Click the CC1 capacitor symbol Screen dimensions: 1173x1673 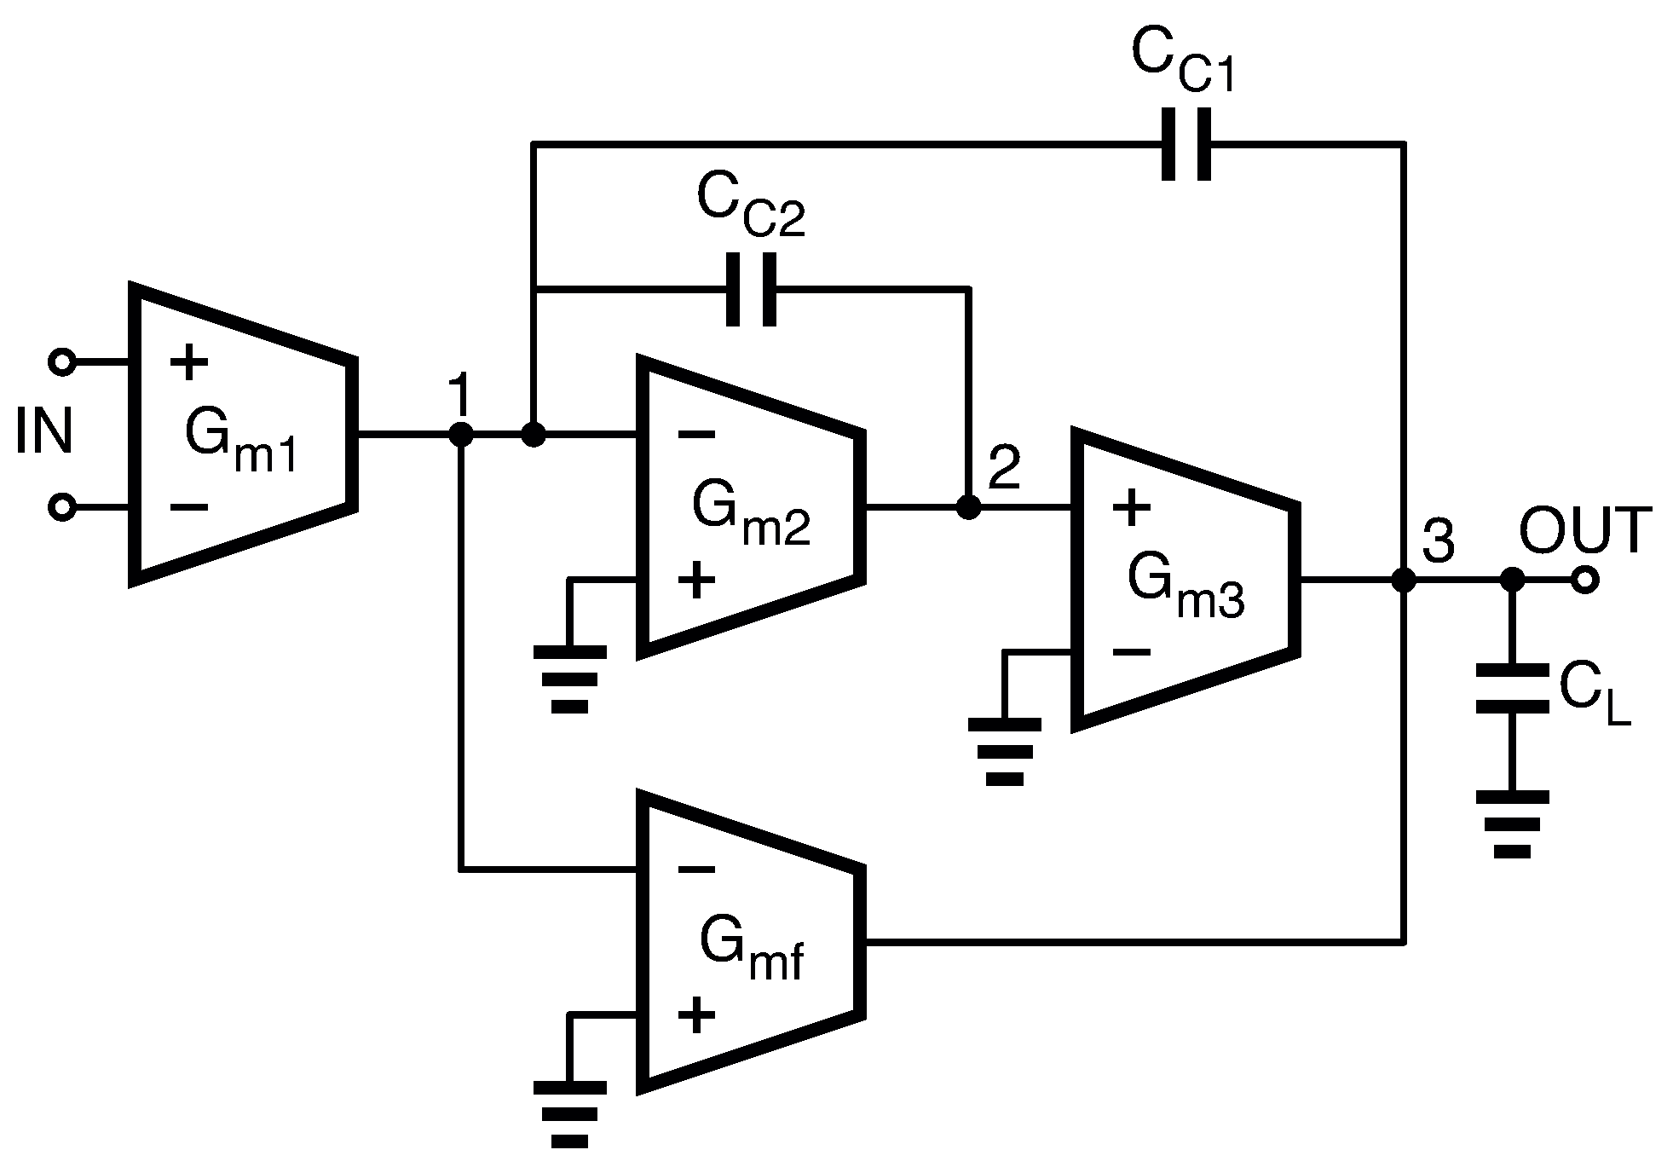[x=1186, y=144]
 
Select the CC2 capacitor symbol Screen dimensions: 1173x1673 [x=751, y=289]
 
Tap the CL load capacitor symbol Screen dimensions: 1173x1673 [x=1512, y=689]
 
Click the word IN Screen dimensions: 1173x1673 [x=44, y=431]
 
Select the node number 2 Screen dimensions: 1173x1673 [x=1004, y=468]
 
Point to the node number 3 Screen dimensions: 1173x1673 [x=1439, y=542]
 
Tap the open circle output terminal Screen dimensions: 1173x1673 [x=1584, y=581]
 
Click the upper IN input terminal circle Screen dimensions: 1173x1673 [x=61, y=362]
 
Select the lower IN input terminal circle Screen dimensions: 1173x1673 [x=61, y=507]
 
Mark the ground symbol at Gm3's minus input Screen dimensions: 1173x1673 [x=1004, y=751]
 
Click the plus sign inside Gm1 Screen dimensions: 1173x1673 [x=189, y=363]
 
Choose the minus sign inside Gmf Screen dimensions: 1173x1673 [x=696, y=870]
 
